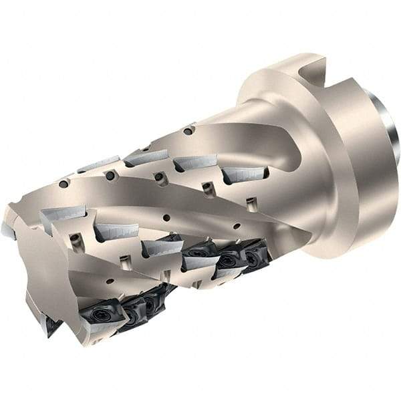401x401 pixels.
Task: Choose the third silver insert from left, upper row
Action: point(195,162)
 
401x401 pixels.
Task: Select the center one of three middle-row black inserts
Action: point(227,259)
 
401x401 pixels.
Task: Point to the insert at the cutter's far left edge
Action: point(8,231)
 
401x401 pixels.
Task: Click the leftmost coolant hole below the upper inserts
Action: point(63,184)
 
